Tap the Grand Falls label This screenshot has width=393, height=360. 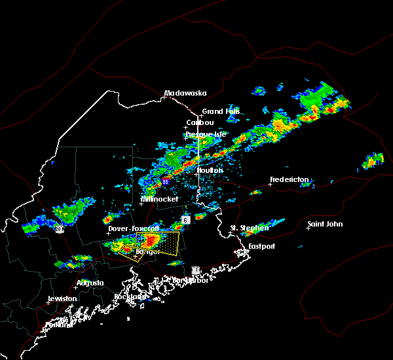point(221,111)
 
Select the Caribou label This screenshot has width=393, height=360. point(200,122)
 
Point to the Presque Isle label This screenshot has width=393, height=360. point(205,134)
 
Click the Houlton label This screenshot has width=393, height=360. point(210,170)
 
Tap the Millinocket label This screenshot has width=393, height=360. point(160,199)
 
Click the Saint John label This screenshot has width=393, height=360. point(325,224)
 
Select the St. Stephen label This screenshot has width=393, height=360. point(250,228)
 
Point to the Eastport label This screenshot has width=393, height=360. point(262,246)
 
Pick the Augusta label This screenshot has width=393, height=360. point(90,283)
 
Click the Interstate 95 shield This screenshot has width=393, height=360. point(166,181)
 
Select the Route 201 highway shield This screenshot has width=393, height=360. point(59,228)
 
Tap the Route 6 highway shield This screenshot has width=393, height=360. point(186,220)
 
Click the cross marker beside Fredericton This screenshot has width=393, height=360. point(270,185)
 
